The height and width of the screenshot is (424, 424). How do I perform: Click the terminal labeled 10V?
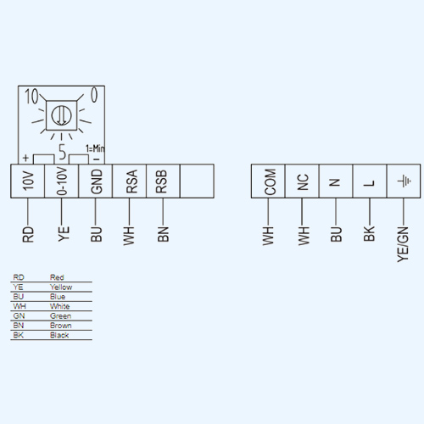28,181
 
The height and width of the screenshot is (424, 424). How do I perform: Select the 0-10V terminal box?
62,181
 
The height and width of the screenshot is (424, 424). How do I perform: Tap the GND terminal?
96,181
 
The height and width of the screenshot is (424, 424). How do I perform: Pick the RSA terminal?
130,181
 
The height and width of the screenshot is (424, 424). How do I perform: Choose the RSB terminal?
163,181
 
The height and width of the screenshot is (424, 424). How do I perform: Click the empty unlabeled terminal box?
197,181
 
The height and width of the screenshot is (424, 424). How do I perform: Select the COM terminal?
268,181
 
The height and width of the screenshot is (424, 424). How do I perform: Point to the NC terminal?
302,181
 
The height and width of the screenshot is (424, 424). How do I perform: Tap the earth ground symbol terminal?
404,181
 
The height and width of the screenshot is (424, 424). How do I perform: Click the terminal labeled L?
370,181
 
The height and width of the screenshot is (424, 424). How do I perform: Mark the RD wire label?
28,234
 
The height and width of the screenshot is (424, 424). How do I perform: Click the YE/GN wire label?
403,244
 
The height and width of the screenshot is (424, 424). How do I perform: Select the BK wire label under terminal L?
369,233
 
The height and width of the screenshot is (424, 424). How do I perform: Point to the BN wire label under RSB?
163,234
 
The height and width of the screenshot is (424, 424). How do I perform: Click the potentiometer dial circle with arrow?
61,115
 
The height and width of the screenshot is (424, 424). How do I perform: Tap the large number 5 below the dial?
63,152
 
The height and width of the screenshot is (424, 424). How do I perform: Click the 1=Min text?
95,148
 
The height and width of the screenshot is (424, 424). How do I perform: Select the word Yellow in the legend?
61,287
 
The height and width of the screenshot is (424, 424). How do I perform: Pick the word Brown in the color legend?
61,326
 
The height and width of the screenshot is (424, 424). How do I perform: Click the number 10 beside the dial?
31,96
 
